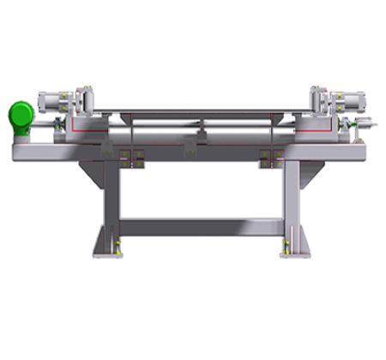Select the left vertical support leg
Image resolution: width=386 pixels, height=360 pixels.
click(111, 206)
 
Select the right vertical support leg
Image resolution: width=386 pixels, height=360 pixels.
click(292, 206)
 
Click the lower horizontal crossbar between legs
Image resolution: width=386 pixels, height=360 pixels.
click(202, 227)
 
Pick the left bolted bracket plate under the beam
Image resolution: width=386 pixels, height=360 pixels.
click(131, 156)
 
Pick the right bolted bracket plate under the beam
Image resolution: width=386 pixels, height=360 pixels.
click(271, 156)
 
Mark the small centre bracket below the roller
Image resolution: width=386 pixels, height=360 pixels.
click(190, 152)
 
